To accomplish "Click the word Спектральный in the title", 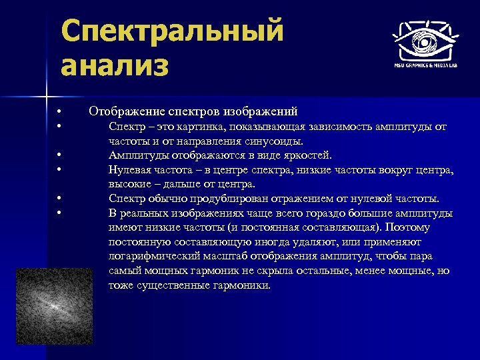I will point(172,31).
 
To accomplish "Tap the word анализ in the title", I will point(114,67).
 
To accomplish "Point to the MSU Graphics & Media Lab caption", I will point(424,65).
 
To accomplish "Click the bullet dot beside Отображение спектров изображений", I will point(59,111).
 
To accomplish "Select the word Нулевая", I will point(131,170).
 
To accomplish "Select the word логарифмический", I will point(152,257).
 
